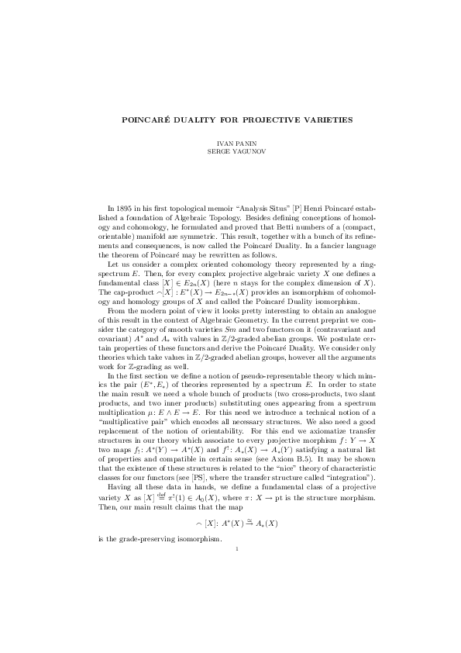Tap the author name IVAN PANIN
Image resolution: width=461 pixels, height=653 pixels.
click(230, 144)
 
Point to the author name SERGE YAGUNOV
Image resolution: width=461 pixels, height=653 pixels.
click(230, 152)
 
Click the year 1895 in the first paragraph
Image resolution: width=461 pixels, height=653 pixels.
click(132, 207)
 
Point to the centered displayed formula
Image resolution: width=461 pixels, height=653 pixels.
click(230, 524)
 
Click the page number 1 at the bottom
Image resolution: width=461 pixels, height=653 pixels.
click(230, 549)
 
